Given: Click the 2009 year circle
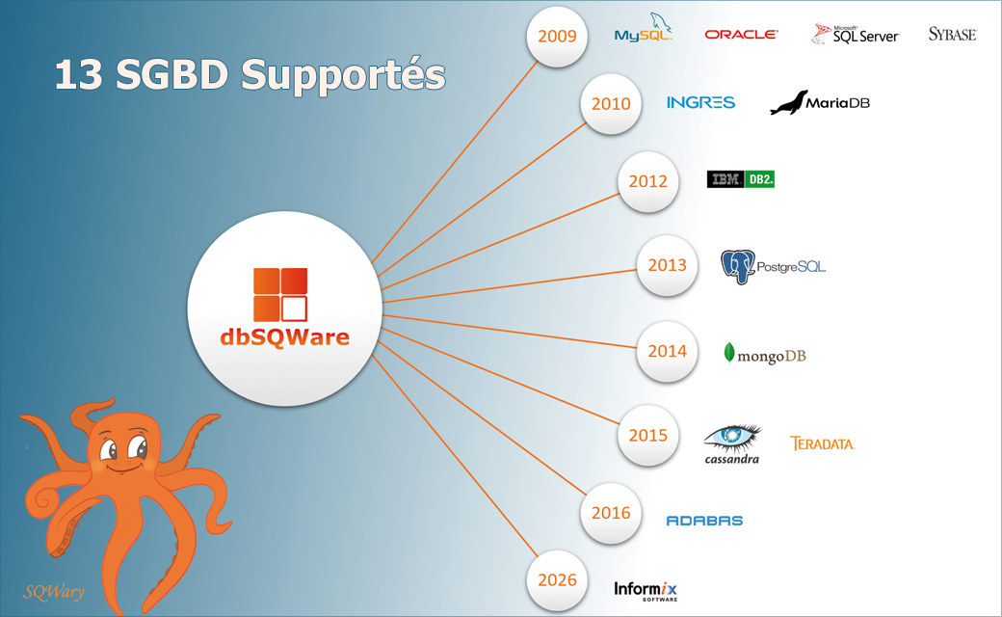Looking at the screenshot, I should tap(557, 37).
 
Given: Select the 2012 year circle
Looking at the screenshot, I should tap(647, 181).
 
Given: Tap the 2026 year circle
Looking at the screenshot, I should tap(557, 580).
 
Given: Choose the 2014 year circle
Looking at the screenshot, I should tap(667, 351).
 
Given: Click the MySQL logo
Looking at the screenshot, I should tap(644, 32).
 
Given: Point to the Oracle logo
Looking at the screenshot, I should tap(741, 35).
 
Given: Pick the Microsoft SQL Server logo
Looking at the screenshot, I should tap(856, 35).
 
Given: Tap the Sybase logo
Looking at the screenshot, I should tap(952, 35).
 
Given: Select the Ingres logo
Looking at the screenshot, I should tap(700, 102).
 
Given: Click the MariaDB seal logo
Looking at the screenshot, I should tap(820, 102).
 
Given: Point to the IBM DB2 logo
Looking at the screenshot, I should tap(740, 179).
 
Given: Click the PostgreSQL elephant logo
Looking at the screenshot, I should tap(773, 266).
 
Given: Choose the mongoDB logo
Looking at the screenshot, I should tap(765, 355).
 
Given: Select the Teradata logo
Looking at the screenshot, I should tap(822, 443).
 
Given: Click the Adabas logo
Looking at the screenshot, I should tap(704, 521).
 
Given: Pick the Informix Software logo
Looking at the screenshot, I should tap(646, 589).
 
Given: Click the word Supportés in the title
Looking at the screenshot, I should tap(343, 75).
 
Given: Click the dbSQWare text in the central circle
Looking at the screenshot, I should tap(284, 337).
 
